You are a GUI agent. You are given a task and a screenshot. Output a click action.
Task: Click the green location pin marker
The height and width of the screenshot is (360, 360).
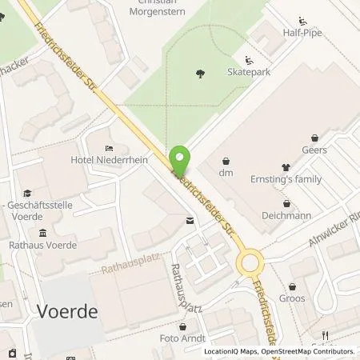point(181,158)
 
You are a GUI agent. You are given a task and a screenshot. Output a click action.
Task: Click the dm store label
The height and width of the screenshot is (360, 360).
point(226,171)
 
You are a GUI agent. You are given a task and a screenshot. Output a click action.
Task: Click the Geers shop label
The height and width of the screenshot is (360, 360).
point(314,150)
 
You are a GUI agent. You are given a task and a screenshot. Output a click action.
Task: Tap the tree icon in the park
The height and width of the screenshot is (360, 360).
point(199,74)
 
